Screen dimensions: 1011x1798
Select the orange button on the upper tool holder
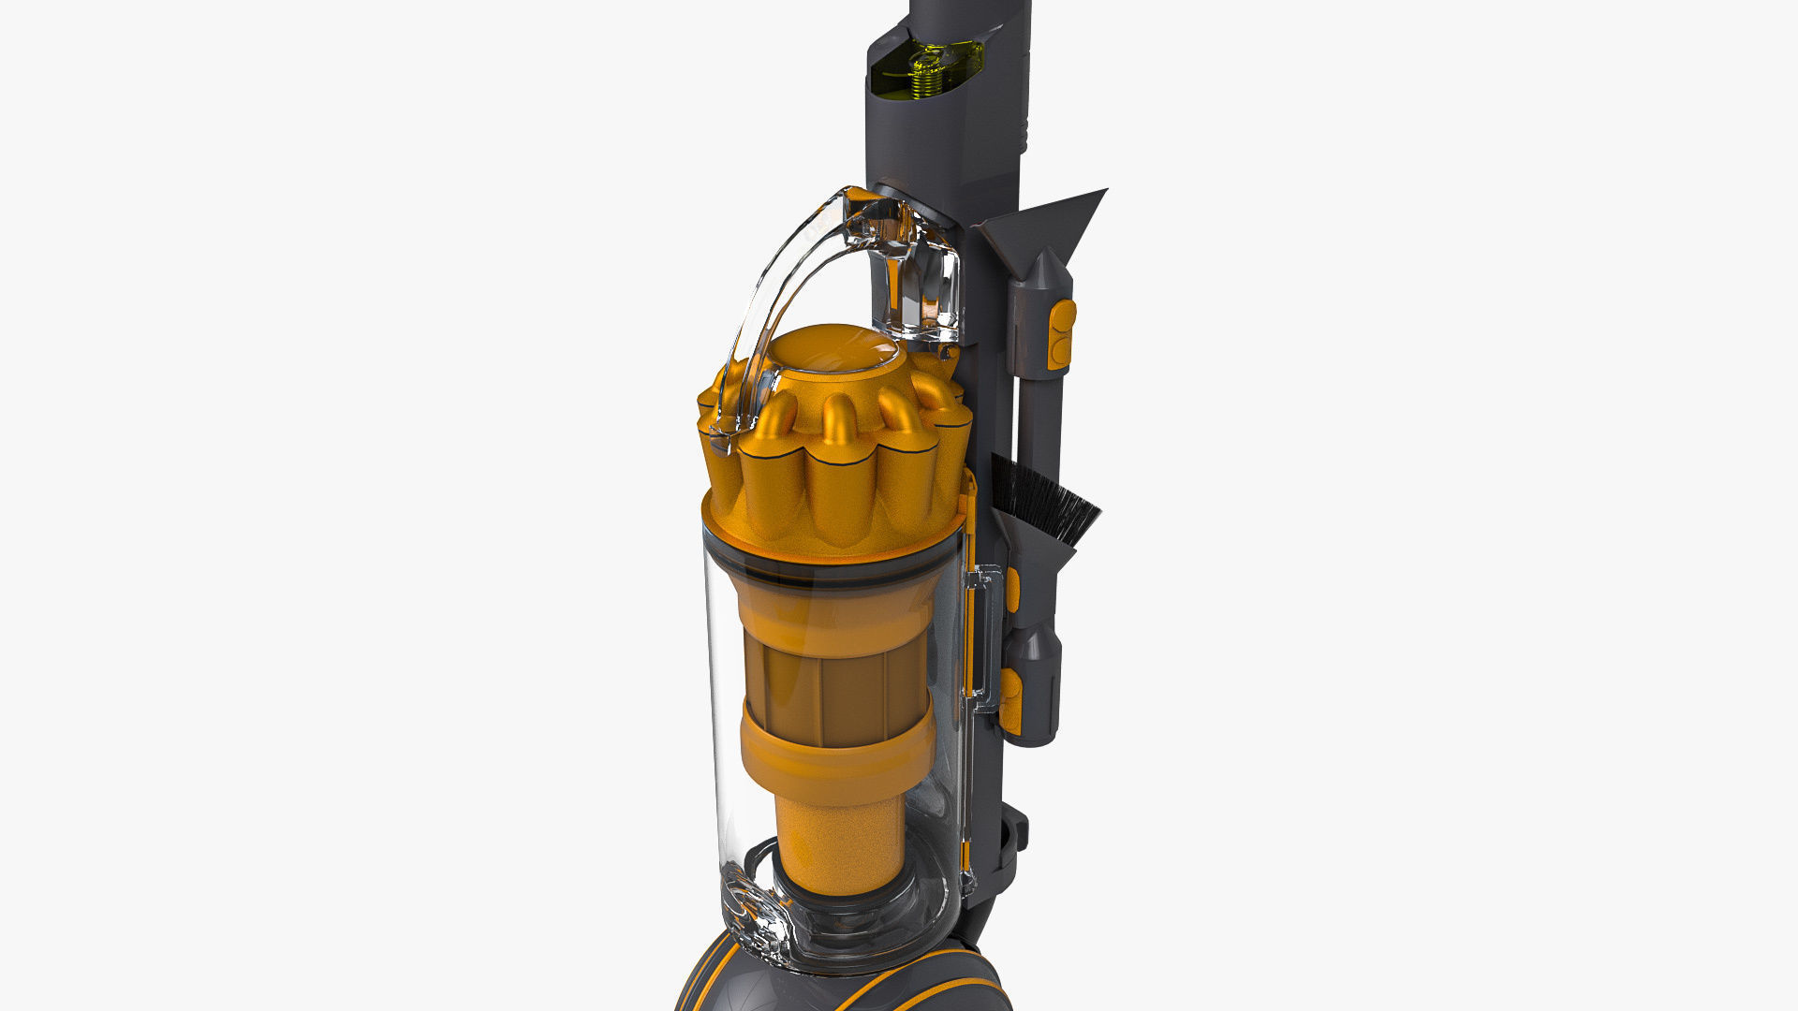(1062, 331)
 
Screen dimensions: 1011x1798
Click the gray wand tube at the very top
(969, 19)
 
